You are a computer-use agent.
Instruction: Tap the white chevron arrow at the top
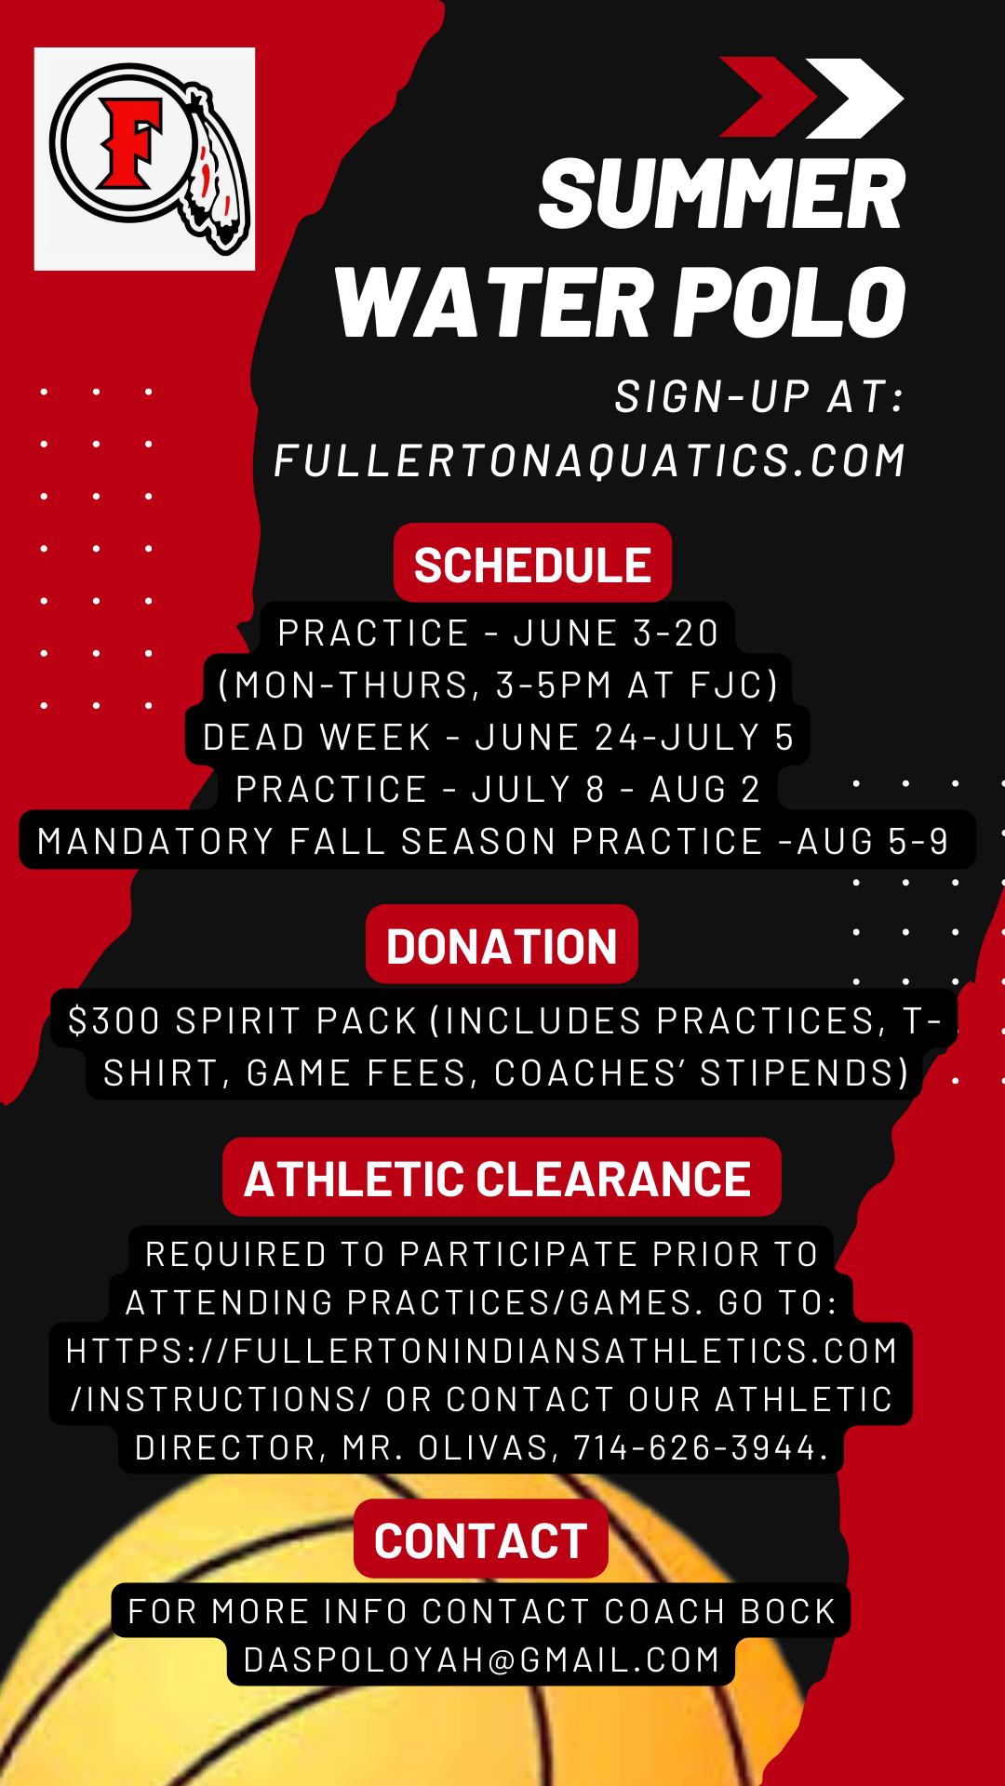(854, 98)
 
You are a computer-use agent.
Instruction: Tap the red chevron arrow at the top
(770, 97)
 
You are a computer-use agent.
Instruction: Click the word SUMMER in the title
(722, 194)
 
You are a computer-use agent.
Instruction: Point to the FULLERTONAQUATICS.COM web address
(590, 460)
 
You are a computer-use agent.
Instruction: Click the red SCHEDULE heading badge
(532, 563)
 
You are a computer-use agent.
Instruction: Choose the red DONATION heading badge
(502, 944)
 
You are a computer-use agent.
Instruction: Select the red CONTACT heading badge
(481, 1539)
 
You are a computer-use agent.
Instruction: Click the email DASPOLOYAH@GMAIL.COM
(482, 1660)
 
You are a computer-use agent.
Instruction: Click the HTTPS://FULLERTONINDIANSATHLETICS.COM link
(482, 1351)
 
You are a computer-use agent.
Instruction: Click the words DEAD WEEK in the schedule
(317, 738)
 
